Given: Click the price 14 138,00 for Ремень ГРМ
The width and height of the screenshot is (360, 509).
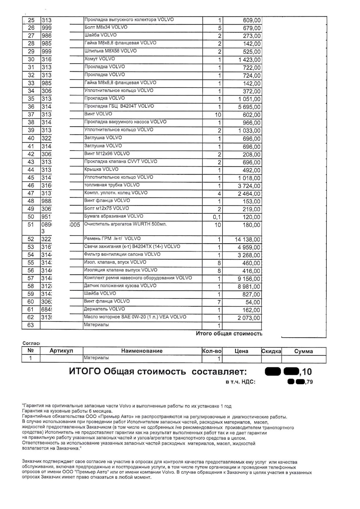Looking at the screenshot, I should pos(247,240).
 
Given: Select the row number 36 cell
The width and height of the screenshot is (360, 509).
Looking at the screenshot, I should pos(31,107).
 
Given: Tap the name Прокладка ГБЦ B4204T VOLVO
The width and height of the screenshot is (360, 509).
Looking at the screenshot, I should pos(119,106).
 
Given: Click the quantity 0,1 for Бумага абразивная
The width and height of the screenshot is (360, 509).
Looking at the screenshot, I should pos(216,217).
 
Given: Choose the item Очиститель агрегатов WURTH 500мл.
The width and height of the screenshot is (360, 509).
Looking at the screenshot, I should pos(125,224).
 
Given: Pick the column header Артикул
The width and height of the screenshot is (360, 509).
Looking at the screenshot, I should pos(61,351).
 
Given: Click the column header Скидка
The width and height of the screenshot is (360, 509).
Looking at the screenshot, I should pos(271,351).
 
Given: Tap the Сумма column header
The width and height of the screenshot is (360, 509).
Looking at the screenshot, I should pos(303,351).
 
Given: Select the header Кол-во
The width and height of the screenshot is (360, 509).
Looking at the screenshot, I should pos(212,351).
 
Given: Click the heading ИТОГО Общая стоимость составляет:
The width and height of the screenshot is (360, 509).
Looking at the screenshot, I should pos(158,372).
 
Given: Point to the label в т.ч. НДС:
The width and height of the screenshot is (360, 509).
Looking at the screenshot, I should pos(240,382).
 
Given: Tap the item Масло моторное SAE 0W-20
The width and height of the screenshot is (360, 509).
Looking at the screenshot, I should pos(135,317).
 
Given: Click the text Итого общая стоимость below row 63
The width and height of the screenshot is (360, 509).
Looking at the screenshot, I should pos(229,334).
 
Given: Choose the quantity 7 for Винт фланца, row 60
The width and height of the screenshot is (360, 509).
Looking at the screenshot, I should pos(219,302).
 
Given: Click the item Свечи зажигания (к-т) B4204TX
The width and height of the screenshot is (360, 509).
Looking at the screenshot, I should pos(132,247).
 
